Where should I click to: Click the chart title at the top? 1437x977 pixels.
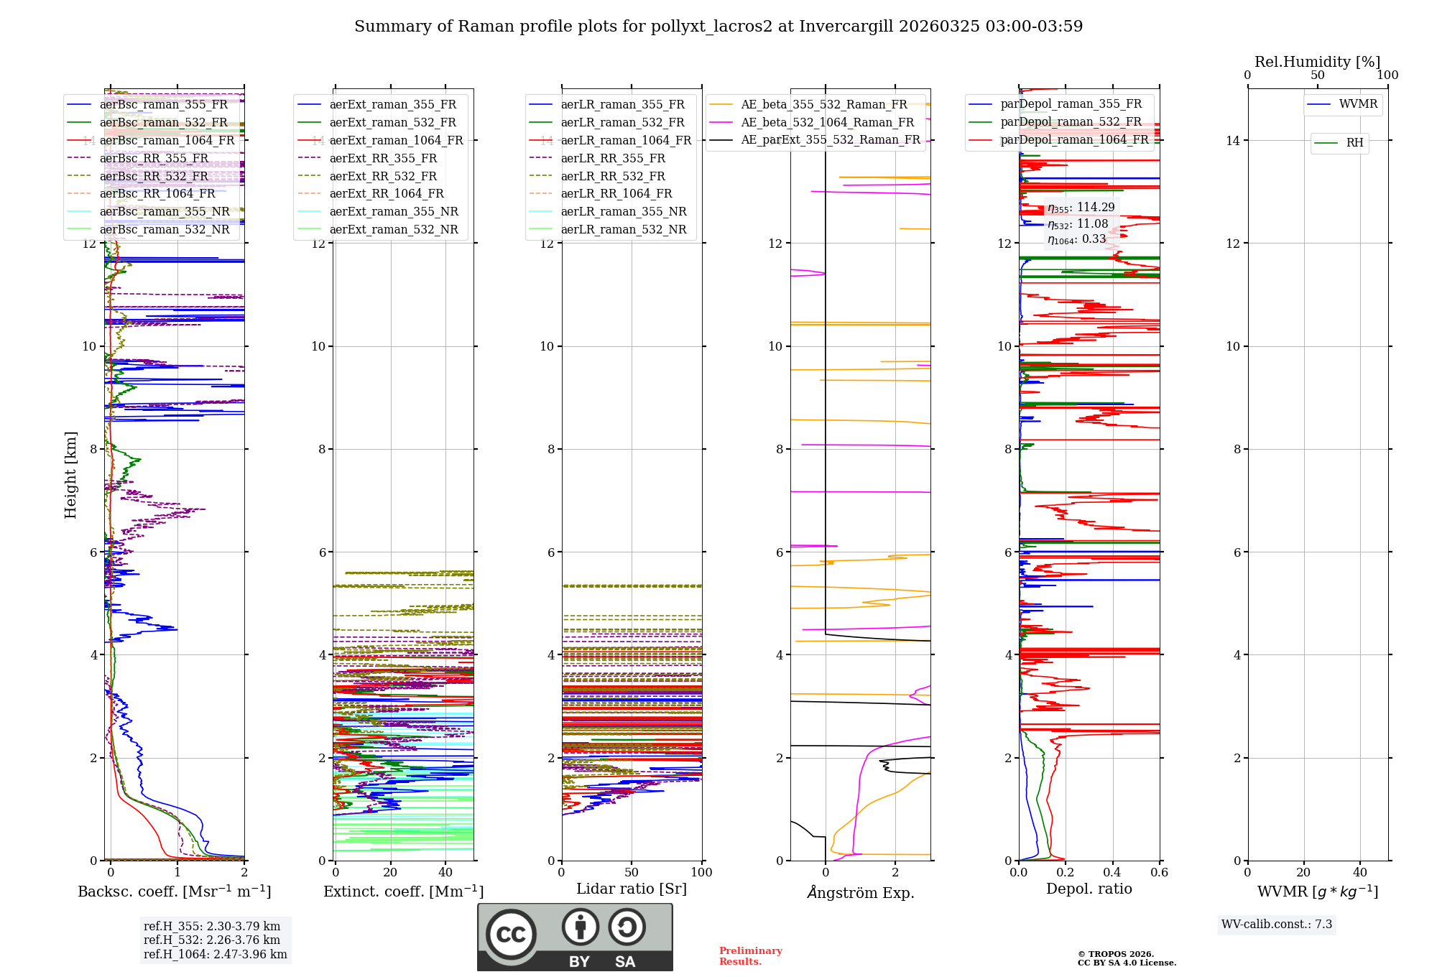718,27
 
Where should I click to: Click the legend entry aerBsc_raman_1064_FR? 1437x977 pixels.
167,140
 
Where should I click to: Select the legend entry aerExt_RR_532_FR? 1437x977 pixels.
383,176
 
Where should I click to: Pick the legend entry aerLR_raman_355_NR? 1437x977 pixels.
623,211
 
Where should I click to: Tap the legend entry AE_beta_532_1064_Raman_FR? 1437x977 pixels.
827,122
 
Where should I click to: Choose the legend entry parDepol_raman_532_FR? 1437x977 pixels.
1071,122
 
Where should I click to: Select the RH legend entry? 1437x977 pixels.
1354,143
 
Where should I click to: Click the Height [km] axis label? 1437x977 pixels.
70,474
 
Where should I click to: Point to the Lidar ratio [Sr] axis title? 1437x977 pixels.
632,889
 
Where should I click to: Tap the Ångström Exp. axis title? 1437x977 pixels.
861,892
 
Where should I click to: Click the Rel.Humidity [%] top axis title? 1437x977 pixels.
1317,62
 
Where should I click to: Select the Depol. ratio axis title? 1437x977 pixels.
1089,889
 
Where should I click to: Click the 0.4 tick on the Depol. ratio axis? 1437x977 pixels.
1112,872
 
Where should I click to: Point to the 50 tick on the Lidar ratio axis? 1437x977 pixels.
632,872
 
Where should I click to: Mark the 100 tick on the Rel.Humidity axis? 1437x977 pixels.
1387,75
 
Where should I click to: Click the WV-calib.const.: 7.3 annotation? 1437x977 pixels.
1277,924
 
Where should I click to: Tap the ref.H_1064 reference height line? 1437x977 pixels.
215,954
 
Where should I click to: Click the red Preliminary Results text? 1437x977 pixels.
750,955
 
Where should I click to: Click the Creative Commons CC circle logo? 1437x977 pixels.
511,934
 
